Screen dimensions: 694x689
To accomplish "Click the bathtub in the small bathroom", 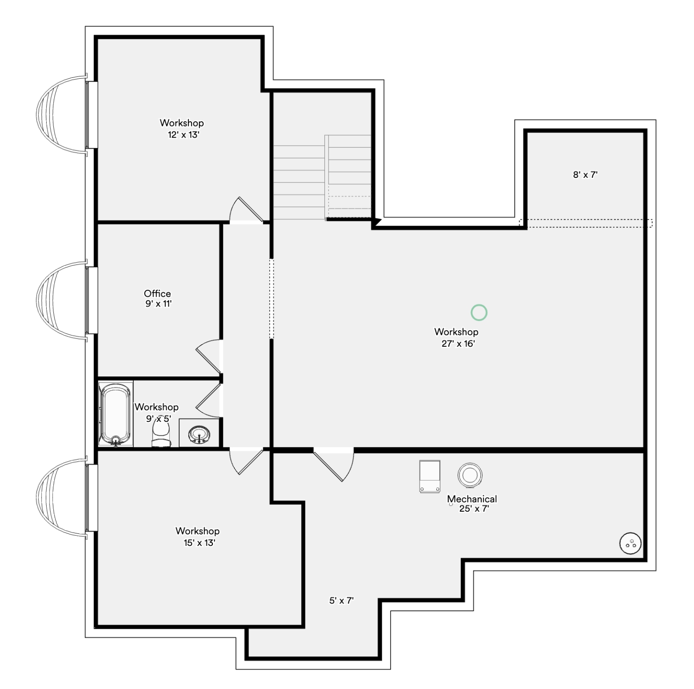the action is [116, 414].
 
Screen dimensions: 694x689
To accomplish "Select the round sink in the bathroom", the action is [199, 435].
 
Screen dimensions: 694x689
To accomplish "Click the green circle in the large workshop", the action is [479, 313].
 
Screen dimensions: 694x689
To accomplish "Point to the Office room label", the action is [157, 294].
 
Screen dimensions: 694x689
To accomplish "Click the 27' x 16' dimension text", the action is [458, 344].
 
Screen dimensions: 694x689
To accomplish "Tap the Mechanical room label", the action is [472, 499].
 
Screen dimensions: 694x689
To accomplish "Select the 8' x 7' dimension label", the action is [585, 175].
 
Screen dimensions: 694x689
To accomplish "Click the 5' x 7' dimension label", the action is [341, 601].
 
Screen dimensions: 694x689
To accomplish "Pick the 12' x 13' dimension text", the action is [184, 135].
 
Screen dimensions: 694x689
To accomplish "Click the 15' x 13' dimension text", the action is [199, 543].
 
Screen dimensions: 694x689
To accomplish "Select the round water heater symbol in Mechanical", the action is [470, 475].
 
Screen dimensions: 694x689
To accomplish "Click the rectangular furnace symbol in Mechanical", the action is [430, 476].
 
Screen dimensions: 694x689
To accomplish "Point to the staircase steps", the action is [322, 177].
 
